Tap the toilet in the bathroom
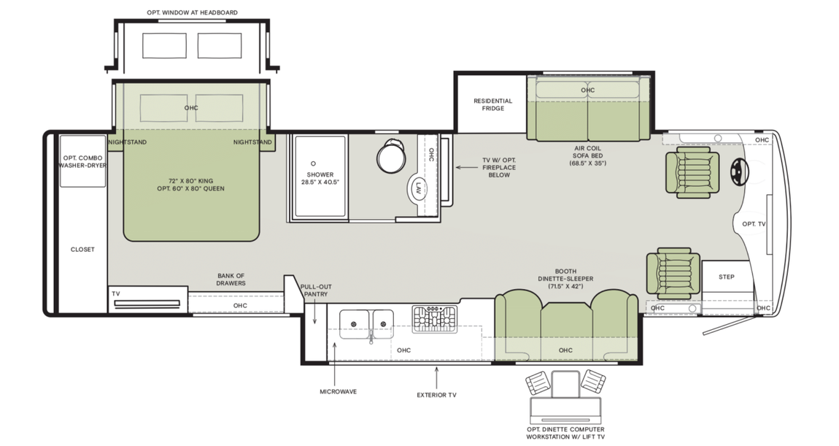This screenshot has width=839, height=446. (x=390, y=155)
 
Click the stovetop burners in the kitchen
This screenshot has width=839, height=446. (x=434, y=319)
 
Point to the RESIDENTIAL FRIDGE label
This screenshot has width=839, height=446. (x=492, y=104)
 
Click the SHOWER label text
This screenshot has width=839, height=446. (x=320, y=175)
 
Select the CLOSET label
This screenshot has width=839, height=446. (x=82, y=250)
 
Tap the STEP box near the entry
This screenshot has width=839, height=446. (x=727, y=277)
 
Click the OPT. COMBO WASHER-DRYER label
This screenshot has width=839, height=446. (x=82, y=162)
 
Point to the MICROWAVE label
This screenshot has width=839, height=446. (x=339, y=392)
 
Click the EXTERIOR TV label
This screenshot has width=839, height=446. (x=436, y=395)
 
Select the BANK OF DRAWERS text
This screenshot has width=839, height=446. (x=231, y=280)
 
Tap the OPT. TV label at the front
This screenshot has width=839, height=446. (x=754, y=224)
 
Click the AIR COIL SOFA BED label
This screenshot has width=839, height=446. (x=588, y=155)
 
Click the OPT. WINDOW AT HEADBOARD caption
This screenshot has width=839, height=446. (x=193, y=12)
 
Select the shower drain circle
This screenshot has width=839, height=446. (x=313, y=163)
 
